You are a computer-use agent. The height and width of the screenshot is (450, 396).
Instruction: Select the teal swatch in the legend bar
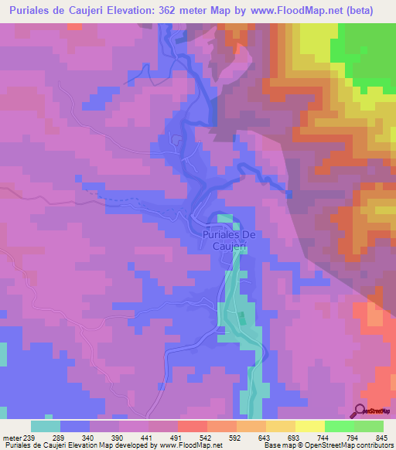click(x=45, y=426)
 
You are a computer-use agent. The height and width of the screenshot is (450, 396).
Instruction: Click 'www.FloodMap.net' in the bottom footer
click(x=186, y=446)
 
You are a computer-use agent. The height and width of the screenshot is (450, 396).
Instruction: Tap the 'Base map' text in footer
click(x=275, y=446)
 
